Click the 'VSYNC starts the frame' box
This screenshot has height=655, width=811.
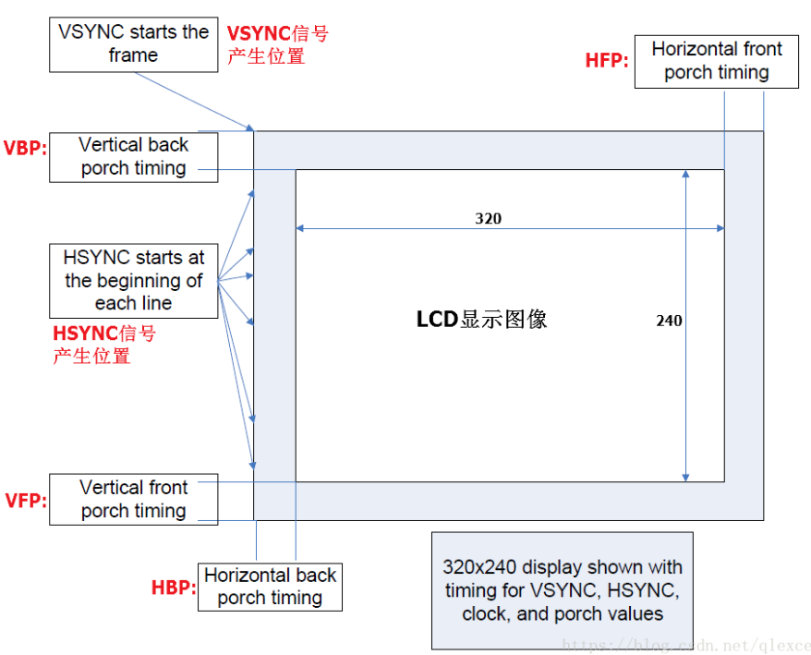click(x=133, y=44)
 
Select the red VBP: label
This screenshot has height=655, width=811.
click(x=25, y=148)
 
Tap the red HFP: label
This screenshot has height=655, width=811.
click(x=607, y=61)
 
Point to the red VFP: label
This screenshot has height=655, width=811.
click(x=25, y=500)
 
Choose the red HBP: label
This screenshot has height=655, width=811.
click(x=174, y=588)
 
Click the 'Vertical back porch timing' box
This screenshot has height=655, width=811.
click(x=133, y=157)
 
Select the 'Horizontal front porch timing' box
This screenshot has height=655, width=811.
click(x=716, y=61)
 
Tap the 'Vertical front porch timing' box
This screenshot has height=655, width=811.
click(x=133, y=500)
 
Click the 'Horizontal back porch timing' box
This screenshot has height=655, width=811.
click(x=270, y=587)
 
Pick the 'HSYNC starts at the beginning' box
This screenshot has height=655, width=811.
click(x=133, y=280)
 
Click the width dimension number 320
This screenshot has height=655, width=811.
click(x=489, y=219)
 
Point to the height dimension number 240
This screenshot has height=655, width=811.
click(x=669, y=321)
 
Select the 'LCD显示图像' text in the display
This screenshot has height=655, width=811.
click(x=481, y=320)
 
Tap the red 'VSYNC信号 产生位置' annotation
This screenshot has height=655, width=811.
click(x=277, y=45)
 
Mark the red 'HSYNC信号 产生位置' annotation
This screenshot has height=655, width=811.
click(x=103, y=345)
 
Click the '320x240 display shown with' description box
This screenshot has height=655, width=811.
click(x=562, y=590)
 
